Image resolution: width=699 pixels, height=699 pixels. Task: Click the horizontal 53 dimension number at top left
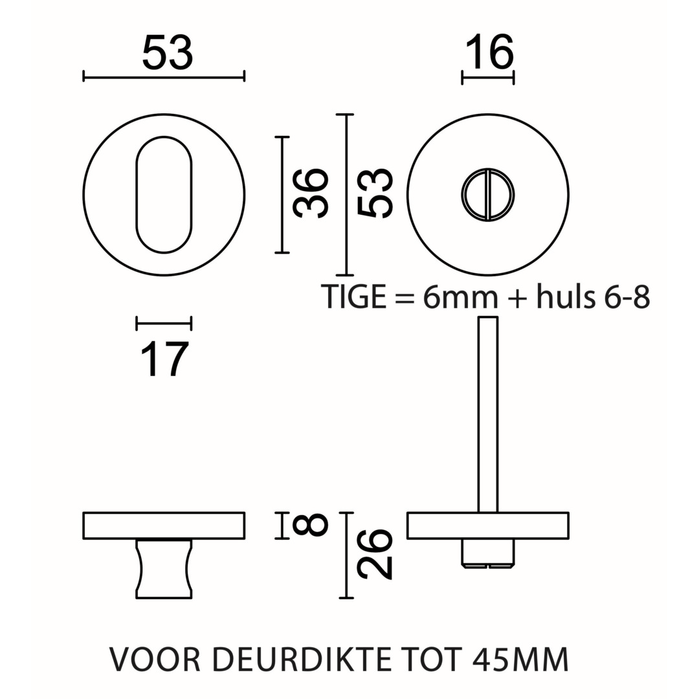tap(168, 53)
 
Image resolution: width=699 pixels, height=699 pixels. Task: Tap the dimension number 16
tap(489, 53)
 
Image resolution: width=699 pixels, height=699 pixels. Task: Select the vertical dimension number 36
tap(311, 194)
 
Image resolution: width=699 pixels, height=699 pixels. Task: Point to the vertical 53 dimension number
tap(375, 194)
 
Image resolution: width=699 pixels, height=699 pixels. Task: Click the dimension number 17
tap(164, 360)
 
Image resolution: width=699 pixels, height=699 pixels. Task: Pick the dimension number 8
tap(310, 524)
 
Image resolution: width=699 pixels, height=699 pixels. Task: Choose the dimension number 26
tap(375, 555)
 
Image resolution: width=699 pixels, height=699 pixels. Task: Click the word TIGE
tap(353, 296)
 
